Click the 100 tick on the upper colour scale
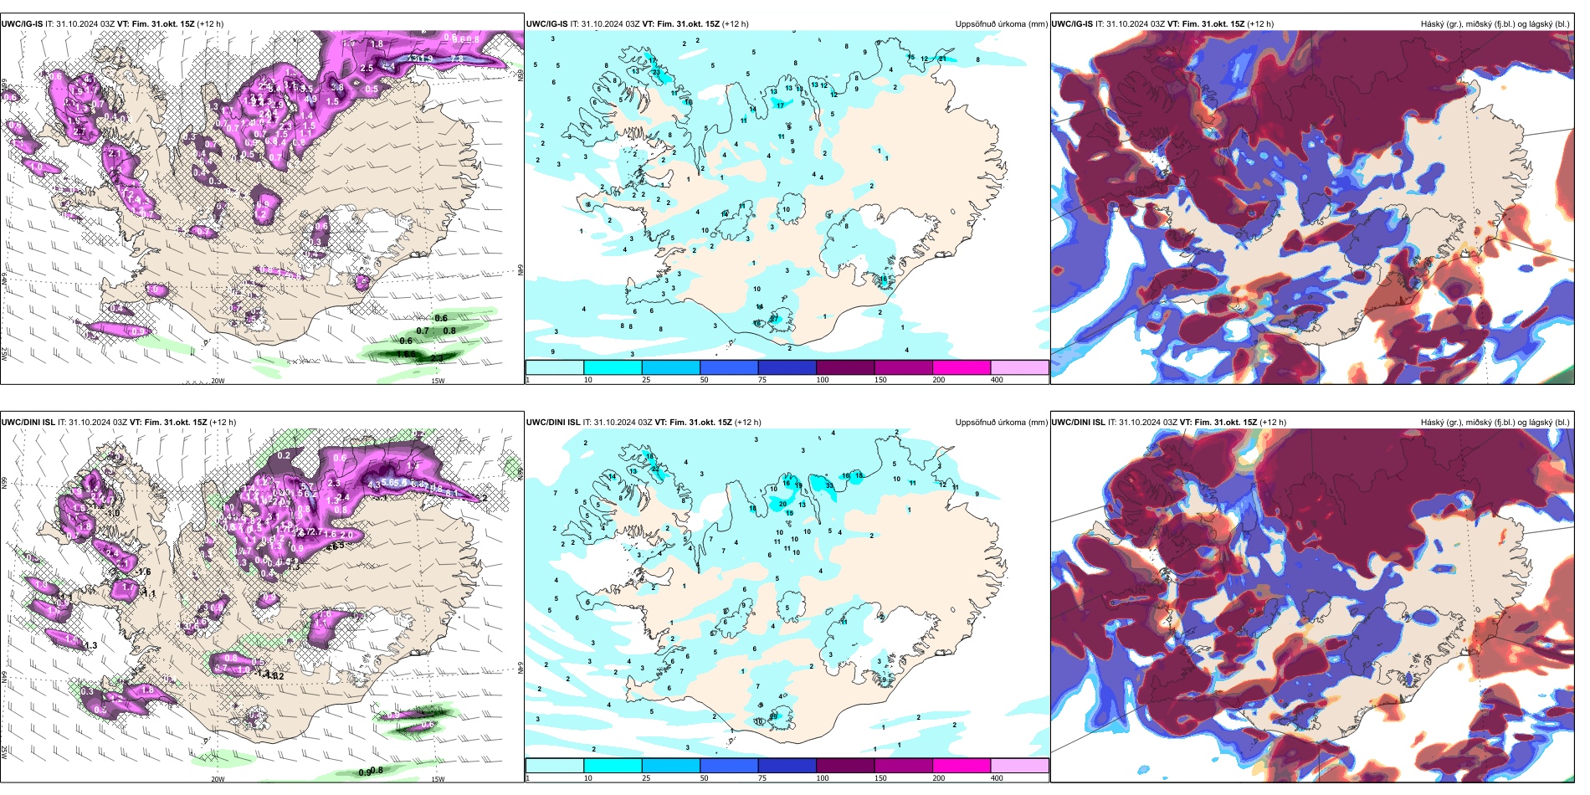823,380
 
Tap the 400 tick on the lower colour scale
997,778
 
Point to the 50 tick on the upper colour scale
704,380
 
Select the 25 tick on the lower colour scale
646,778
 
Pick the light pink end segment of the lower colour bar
1019,766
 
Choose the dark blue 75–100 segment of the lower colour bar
787,766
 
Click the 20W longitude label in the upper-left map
218,381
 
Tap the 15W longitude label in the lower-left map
438,779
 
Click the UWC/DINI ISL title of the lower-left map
28,423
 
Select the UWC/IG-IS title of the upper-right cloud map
1072,24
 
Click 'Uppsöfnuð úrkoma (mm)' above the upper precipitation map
1001,24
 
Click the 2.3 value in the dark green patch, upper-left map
437,358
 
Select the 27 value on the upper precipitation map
774,319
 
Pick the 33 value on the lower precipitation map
829,485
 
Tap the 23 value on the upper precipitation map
656,73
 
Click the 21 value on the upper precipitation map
942,59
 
